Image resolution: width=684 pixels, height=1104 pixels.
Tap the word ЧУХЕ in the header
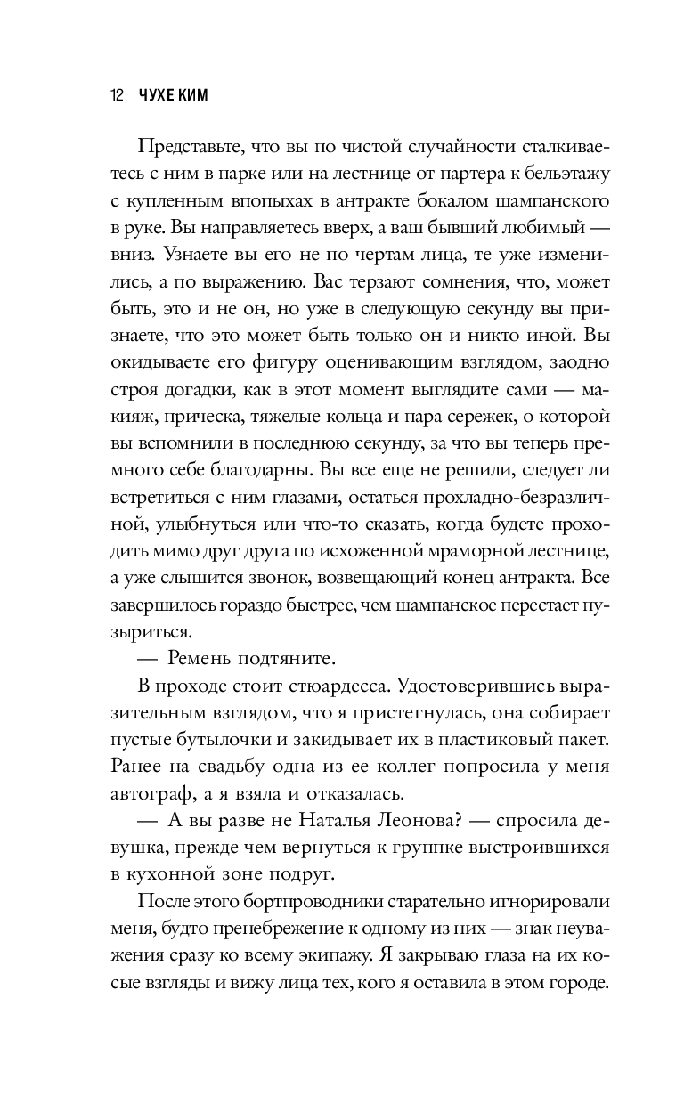(158, 95)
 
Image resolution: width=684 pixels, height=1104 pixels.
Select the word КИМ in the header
(197, 95)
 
